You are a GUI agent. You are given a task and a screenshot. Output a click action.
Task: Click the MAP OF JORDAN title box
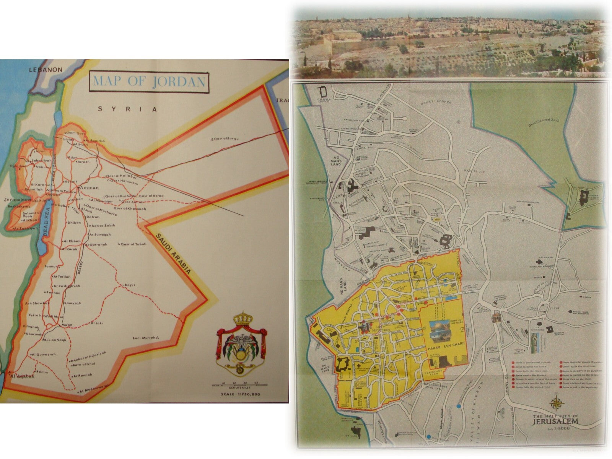click(x=149, y=82)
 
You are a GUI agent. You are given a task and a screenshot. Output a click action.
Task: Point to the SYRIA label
click(x=128, y=109)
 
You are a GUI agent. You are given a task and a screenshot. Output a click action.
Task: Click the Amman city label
click(x=89, y=188)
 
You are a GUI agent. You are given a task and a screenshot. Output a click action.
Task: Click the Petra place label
click(x=35, y=315)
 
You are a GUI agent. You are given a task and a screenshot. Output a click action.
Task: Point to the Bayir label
click(x=130, y=285)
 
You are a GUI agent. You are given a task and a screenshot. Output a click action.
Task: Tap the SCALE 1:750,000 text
click(x=241, y=394)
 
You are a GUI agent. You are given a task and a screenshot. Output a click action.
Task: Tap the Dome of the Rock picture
click(x=441, y=330)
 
